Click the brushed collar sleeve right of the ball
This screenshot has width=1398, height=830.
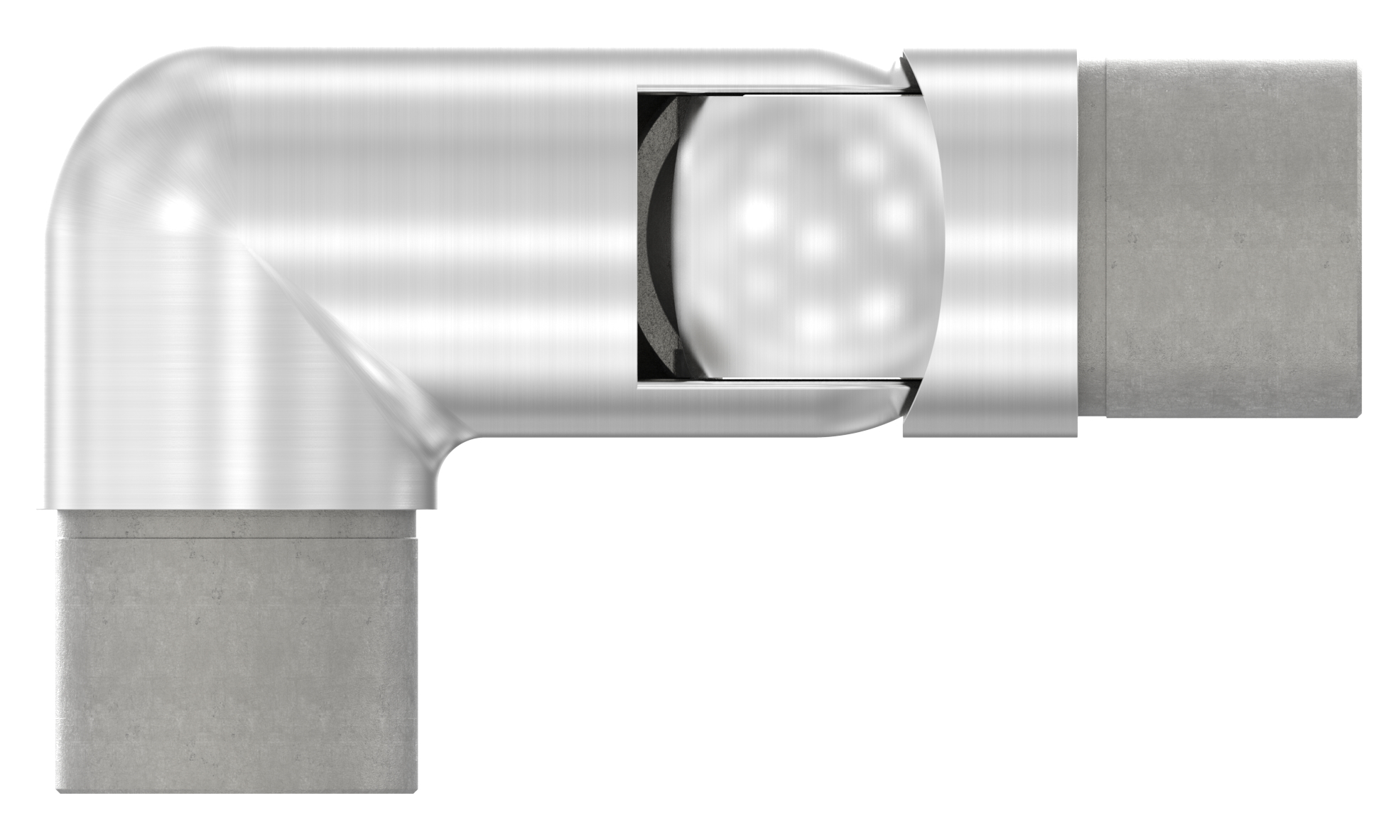coord(991,242)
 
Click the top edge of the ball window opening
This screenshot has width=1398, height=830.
coord(767,90)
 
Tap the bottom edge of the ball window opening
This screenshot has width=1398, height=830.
coord(767,382)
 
